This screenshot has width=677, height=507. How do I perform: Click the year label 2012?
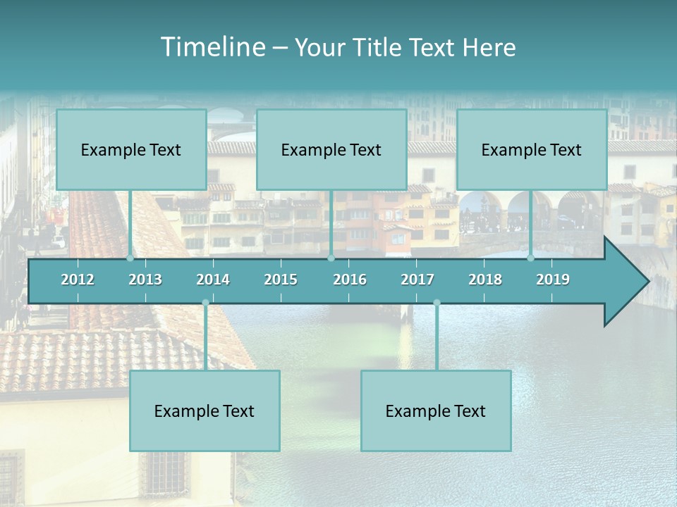click(78, 280)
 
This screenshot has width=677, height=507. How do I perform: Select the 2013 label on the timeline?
click(145, 280)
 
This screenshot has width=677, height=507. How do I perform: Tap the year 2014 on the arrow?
click(213, 280)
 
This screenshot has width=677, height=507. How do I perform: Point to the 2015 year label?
click(281, 280)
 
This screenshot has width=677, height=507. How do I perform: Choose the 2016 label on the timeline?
click(350, 280)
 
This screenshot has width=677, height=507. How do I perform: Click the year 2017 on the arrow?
click(417, 280)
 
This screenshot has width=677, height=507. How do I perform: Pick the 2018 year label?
click(485, 280)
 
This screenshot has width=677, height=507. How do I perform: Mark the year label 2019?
click(553, 280)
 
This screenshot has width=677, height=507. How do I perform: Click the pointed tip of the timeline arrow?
click(647, 282)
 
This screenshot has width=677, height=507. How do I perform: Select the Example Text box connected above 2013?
click(131, 149)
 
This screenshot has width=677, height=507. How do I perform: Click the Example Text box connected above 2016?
click(331, 149)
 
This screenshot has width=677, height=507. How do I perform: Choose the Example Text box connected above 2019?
click(532, 149)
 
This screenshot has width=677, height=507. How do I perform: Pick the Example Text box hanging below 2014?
click(205, 411)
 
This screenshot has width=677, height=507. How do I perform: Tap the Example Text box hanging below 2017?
click(436, 411)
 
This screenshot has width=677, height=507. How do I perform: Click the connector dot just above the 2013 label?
click(130, 258)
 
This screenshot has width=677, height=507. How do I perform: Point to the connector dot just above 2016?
click(331, 258)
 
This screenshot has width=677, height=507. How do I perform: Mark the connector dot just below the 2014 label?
click(205, 303)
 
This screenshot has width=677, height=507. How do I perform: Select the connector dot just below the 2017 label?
click(437, 303)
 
